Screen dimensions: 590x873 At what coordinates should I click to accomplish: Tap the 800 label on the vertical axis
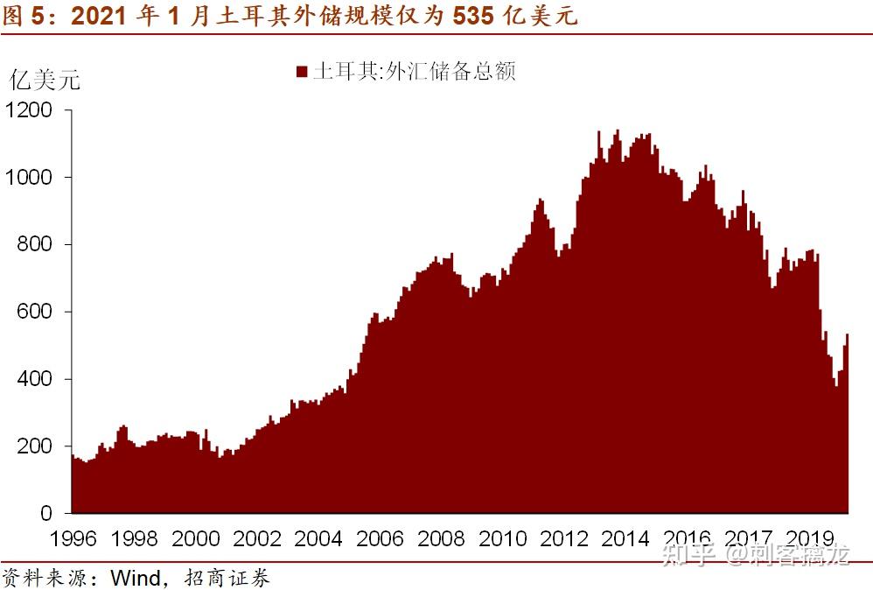[x=34, y=245]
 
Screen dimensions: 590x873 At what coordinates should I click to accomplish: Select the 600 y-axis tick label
[x=34, y=313]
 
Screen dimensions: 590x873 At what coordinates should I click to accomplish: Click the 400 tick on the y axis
[x=34, y=380]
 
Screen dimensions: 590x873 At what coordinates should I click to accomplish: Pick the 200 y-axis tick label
[x=34, y=446]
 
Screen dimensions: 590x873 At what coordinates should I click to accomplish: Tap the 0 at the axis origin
[x=47, y=514]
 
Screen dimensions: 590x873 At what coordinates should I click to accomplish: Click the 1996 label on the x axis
[x=73, y=538]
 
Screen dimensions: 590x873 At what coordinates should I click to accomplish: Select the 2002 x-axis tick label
[x=257, y=538]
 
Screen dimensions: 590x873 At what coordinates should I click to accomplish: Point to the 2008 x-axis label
[x=442, y=538]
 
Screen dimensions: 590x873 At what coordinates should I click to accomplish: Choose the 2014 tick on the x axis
[x=626, y=538]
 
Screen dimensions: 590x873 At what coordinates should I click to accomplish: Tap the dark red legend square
[x=302, y=72]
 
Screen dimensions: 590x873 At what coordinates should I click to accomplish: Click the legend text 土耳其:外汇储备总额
[x=415, y=71]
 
